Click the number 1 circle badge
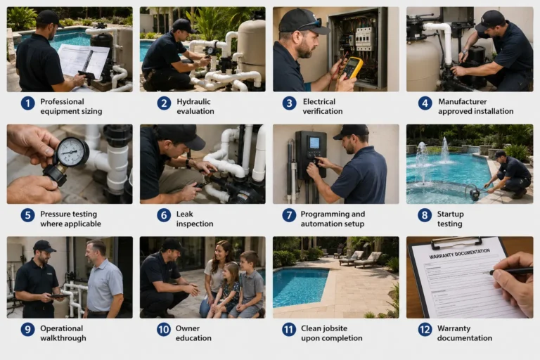pos(27,103)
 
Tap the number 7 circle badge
pos(289,215)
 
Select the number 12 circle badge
pos(425,330)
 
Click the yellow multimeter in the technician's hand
pos(352,68)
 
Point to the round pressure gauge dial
pos(71,152)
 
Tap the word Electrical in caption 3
pos(319,102)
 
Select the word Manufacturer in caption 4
pos(462,102)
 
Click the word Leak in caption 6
pos(185,214)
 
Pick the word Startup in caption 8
pos(450,214)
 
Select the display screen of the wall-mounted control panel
pos(314,143)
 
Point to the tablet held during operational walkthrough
pos(60,295)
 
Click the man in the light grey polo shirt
pos(104,278)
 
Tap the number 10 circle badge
pos(164,330)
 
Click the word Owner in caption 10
pos(188,328)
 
